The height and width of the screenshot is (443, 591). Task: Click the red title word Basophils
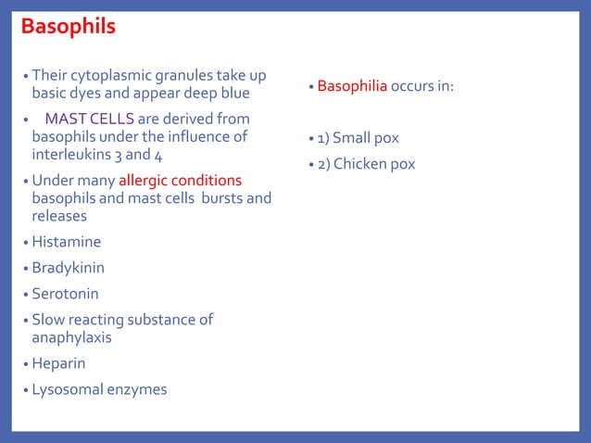(69, 26)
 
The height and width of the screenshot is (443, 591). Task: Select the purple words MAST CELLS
(90, 119)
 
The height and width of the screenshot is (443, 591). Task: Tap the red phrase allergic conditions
(180, 180)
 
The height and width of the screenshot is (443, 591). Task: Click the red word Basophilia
(352, 86)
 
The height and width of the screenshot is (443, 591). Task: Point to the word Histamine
(66, 242)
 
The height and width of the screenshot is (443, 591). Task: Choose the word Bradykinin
(68, 268)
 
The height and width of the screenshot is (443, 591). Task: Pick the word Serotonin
(65, 294)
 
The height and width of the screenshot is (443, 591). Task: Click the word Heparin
(58, 363)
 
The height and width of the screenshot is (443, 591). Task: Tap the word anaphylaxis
(71, 337)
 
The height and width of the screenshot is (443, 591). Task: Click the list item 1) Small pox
(358, 138)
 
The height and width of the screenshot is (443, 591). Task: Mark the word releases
(59, 215)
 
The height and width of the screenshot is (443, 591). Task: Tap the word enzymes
(137, 389)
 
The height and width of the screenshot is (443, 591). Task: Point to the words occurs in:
(421, 86)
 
